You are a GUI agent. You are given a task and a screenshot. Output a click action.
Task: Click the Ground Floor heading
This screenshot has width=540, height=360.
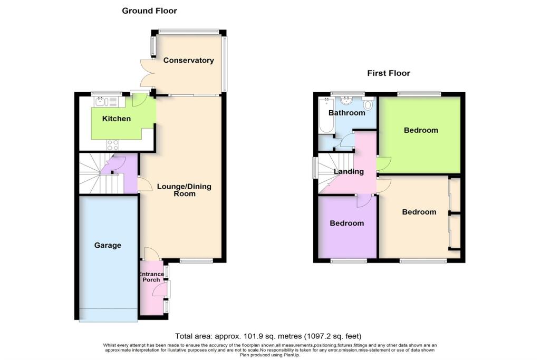tap(149, 11)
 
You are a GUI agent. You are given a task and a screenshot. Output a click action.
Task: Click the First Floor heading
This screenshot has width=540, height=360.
tap(388, 73)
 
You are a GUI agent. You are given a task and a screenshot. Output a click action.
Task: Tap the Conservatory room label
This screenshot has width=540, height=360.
tap(188, 60)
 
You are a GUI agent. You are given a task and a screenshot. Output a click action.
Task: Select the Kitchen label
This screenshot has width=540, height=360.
tap(116, 119)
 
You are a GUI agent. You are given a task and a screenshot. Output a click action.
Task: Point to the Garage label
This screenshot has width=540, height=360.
tap(108, 245)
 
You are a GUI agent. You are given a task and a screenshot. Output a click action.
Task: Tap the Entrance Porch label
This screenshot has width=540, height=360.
tap(151, 277)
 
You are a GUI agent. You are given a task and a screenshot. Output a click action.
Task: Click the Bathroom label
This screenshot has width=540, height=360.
tap(346, 113)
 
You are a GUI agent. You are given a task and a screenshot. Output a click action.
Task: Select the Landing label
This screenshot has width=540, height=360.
tap(349, 171)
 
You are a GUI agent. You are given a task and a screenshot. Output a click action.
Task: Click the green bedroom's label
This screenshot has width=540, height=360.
tap(421, 130)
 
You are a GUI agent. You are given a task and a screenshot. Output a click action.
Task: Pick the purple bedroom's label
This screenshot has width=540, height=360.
tap(346, 223)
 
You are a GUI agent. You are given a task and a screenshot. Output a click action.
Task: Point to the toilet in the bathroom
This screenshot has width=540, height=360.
tap(368, 104)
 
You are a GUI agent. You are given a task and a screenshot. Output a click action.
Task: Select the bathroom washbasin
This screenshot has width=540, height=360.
tap(348, 100)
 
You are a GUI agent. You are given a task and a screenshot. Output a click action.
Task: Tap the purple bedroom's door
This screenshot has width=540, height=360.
tap(363, 200)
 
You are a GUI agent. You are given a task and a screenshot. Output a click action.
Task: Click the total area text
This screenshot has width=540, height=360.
tap(268, 336)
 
